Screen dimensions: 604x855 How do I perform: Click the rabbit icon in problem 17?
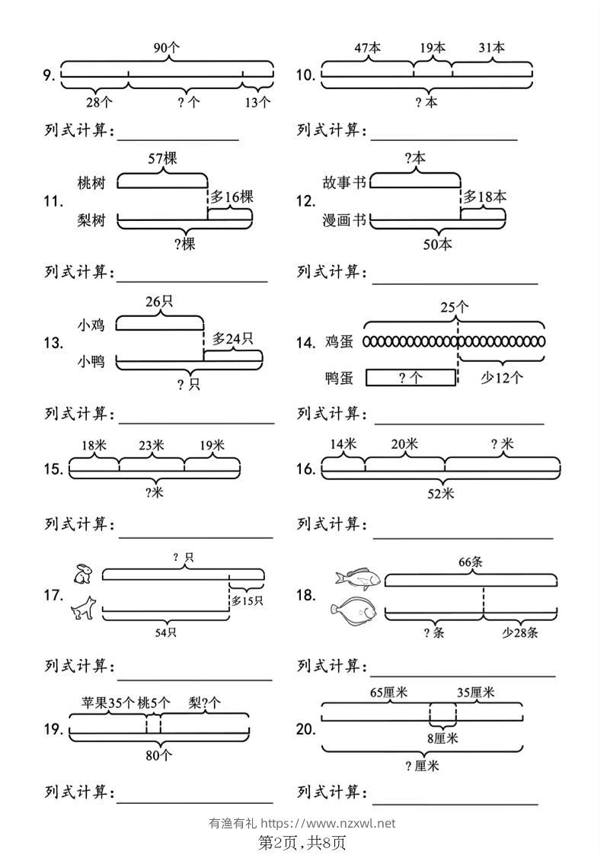[x=84, y=574]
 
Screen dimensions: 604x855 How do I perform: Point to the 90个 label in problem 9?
[x=166, y=48]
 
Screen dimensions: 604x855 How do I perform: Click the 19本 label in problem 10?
[x=433, y=48]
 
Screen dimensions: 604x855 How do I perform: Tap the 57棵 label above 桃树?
[x=162, y=159]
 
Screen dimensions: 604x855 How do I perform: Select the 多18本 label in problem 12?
[x=484, y=197]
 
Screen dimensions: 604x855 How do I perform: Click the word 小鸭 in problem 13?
[x=91, y=361]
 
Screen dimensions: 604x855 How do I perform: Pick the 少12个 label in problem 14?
[x=501, y=377]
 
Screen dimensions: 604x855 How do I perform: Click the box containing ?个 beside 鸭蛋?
[x=410, y=378]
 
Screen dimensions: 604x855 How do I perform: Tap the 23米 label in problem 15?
[x=151, y=446]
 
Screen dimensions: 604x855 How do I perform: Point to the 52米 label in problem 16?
[x=440, y=494]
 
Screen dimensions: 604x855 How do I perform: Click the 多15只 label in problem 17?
[x=247, y=601]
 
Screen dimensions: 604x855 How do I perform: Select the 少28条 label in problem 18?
[x=520, y=632]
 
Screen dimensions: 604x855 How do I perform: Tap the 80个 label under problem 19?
[x=158, y=755]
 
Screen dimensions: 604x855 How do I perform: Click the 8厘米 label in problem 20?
[x=443, y=738]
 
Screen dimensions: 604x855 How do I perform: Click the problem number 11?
[x=53, y=202]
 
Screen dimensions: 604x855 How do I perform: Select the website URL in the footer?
[x=328, y=823]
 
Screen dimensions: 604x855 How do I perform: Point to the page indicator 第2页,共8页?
[x=302, y=843]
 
